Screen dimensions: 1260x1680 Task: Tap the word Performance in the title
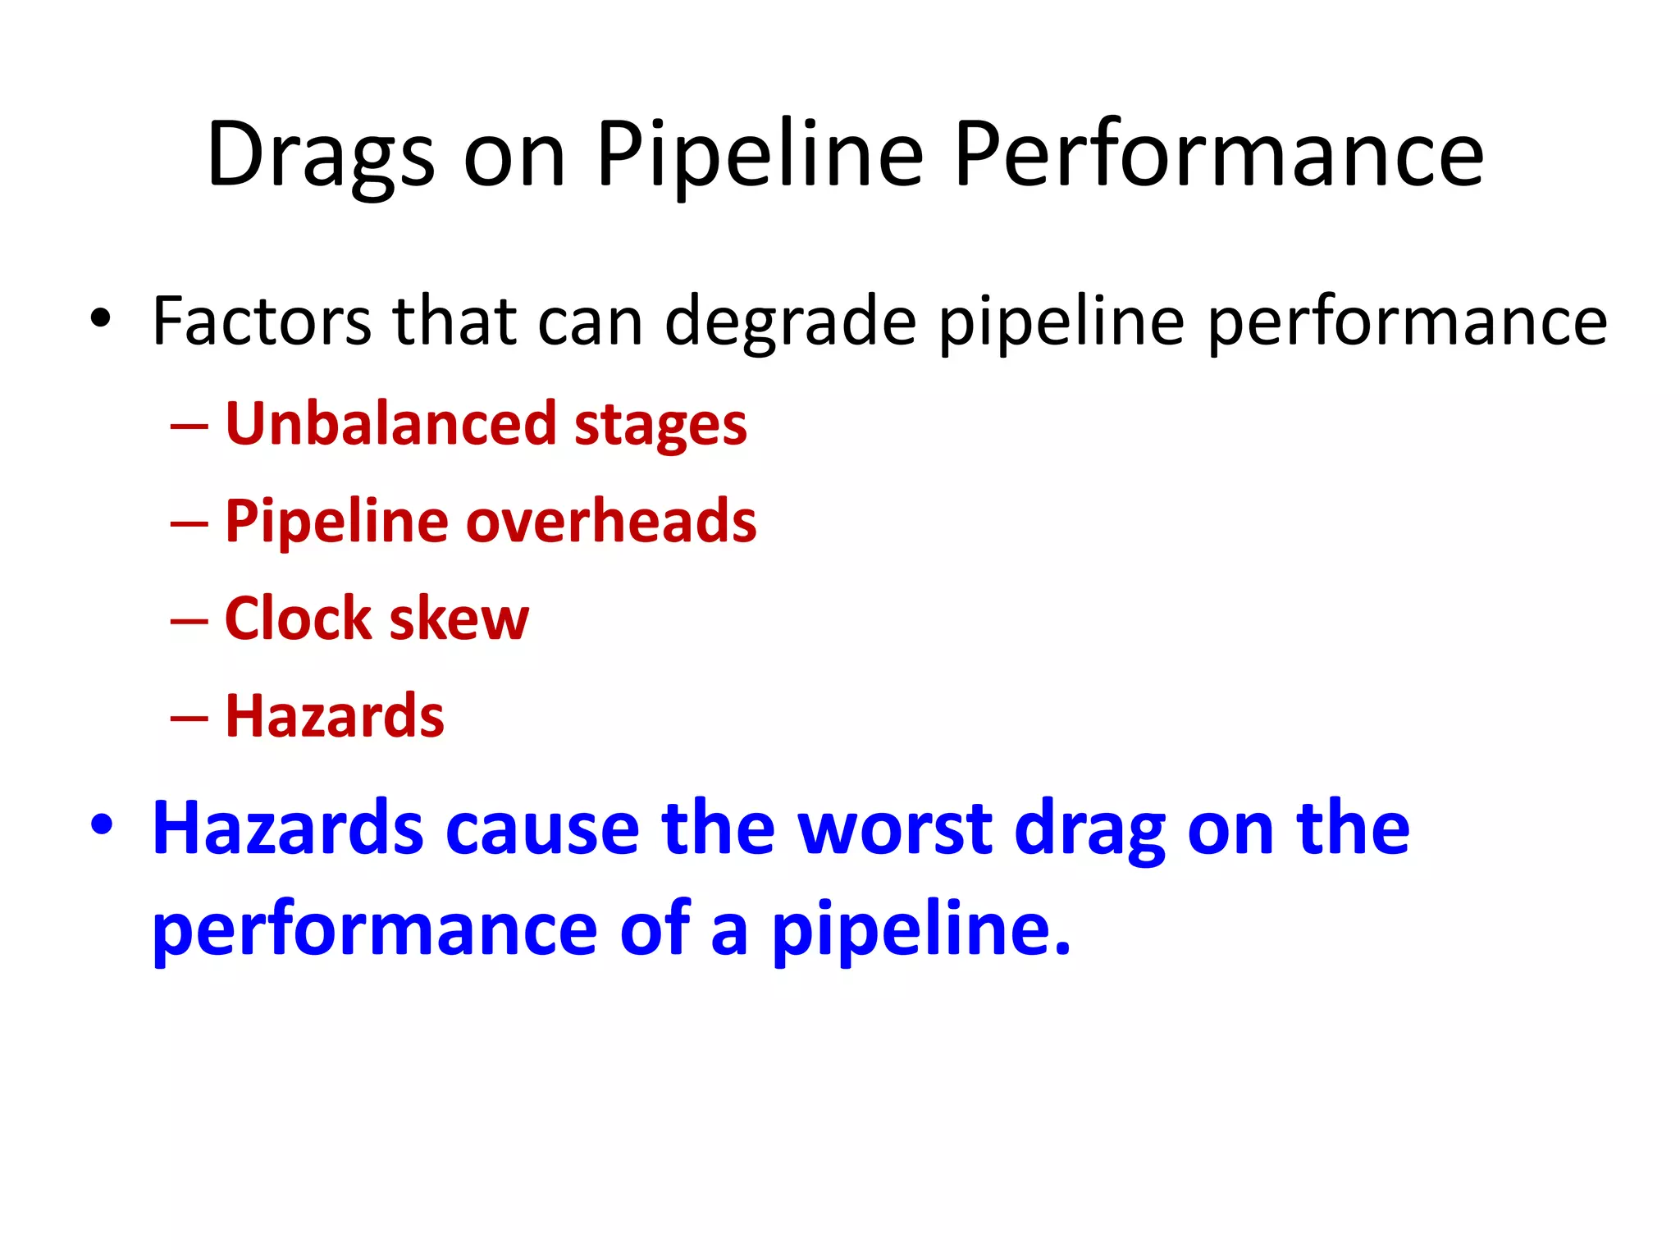1218,154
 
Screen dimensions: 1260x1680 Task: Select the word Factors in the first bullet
261,322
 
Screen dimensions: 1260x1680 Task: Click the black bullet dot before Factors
100,319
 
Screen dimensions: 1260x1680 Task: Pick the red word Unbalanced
390,423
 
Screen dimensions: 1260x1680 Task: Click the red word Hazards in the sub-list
335,715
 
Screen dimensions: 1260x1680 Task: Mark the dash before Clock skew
189,620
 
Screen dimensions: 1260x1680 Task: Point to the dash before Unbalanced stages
189,427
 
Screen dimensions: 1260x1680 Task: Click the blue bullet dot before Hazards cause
102,825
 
